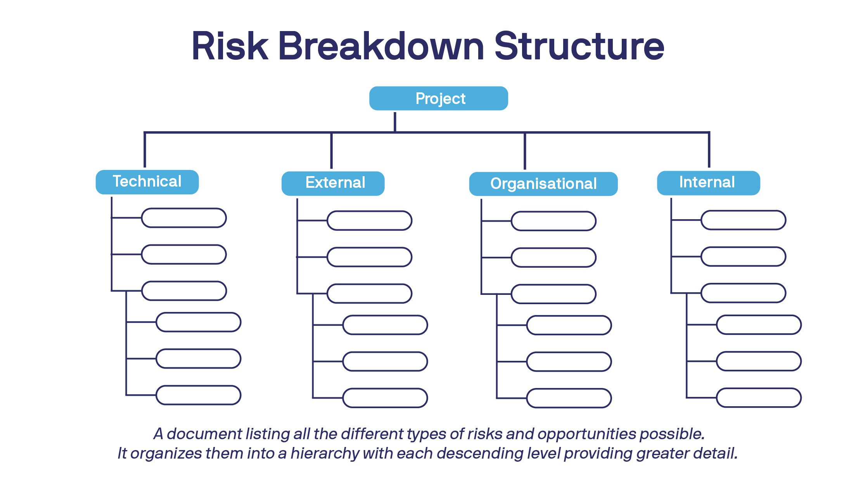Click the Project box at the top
tap(438, 99)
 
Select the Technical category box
tap(147, 182)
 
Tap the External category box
tap(333, 183)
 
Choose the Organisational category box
tap(543, 184)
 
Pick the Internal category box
tap(708, 183)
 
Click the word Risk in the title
tap(230, 46)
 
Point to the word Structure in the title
tap(579, 46)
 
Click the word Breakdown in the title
tap(381, 46)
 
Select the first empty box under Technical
tap(184, 218)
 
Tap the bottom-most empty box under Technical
tap(199, 395)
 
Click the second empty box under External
tap(369, 257)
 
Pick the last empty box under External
tap(385, 398)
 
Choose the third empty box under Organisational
tap(553, 294)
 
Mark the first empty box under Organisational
tap(553, 221)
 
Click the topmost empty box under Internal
tap(743, 220)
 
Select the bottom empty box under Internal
tap(759, 398)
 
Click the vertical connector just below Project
tap(395, 121)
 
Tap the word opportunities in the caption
tap(586, 434)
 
